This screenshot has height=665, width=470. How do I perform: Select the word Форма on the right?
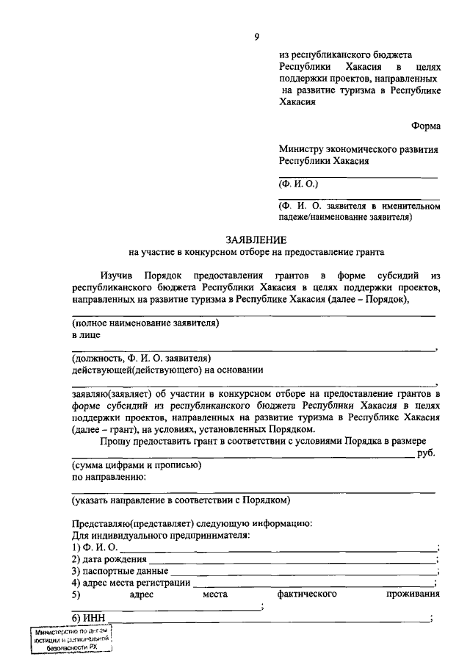click(x=425, y=125)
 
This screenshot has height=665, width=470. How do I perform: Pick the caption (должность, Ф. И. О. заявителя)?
click(x=142, y=358)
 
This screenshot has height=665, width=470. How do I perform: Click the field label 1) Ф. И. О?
click(x=94, y=547)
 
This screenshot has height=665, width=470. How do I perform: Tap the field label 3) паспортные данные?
click(x=120, y=571)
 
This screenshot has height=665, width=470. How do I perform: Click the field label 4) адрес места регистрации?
click(x=131, y=583)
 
